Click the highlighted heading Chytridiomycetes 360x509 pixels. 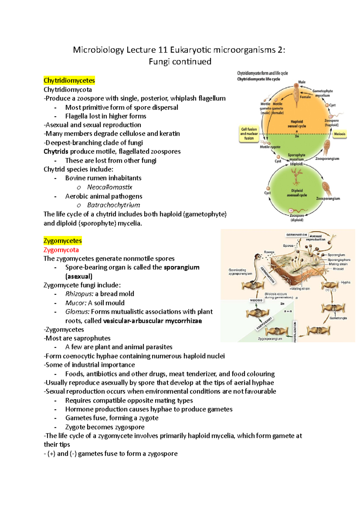(x=69, y=80)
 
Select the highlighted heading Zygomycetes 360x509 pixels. (x=62, y=241)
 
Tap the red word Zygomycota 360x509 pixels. (x=61, y=250)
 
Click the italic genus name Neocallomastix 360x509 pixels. (x=109, y=187)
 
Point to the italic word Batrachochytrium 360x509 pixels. (x=113, y=205)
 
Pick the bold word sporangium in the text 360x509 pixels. (x=181, y=267)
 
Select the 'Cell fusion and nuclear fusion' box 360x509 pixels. (x=249, y=134)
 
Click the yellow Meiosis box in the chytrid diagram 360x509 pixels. (x=339, y=134)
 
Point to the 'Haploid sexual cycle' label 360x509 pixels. (x=297, y=124)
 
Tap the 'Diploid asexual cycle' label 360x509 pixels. (x=297, y=193)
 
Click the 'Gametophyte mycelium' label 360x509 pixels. (x=322, y=93)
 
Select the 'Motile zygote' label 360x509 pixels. (x=270, y=147)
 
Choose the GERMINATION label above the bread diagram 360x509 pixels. (x=296, y=235)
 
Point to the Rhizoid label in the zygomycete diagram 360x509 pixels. (x=338, y=269)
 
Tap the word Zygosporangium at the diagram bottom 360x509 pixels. (x=270, y=339)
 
